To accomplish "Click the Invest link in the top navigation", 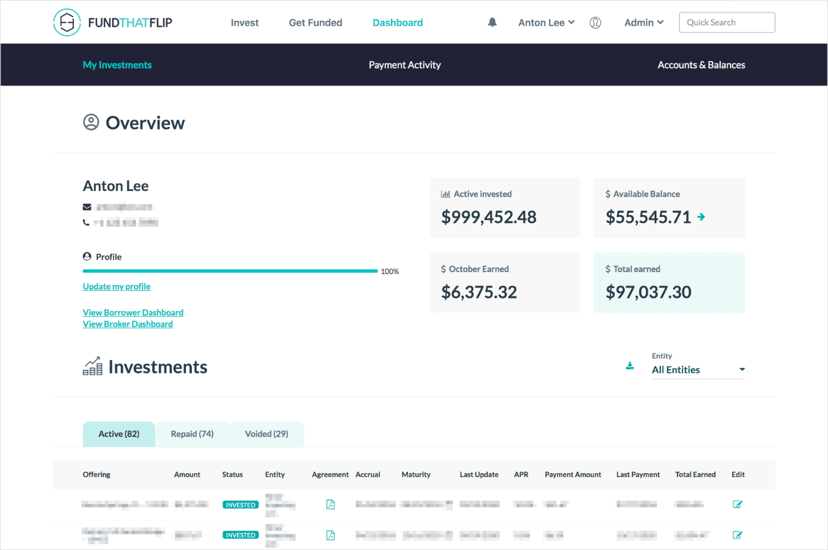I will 244,22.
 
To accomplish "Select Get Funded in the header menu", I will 316,22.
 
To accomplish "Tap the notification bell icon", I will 492,22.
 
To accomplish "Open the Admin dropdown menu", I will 643,22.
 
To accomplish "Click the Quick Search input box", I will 727,22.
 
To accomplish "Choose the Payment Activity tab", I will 404,65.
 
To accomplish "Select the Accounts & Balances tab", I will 701,65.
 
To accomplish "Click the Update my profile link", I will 116,287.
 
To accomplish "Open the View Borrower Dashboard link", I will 133,313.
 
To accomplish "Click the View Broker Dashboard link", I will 128,324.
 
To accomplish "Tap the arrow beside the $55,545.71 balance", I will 701,217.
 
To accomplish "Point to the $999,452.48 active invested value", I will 488,217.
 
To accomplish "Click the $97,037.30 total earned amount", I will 648,292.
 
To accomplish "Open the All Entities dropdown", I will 698,370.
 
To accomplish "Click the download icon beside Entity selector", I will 630,366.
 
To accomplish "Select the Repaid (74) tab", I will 192,434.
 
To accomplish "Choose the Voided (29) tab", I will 266,434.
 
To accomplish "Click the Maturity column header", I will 416,474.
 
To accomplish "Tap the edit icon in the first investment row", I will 737,505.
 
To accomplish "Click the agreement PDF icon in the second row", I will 331,535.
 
